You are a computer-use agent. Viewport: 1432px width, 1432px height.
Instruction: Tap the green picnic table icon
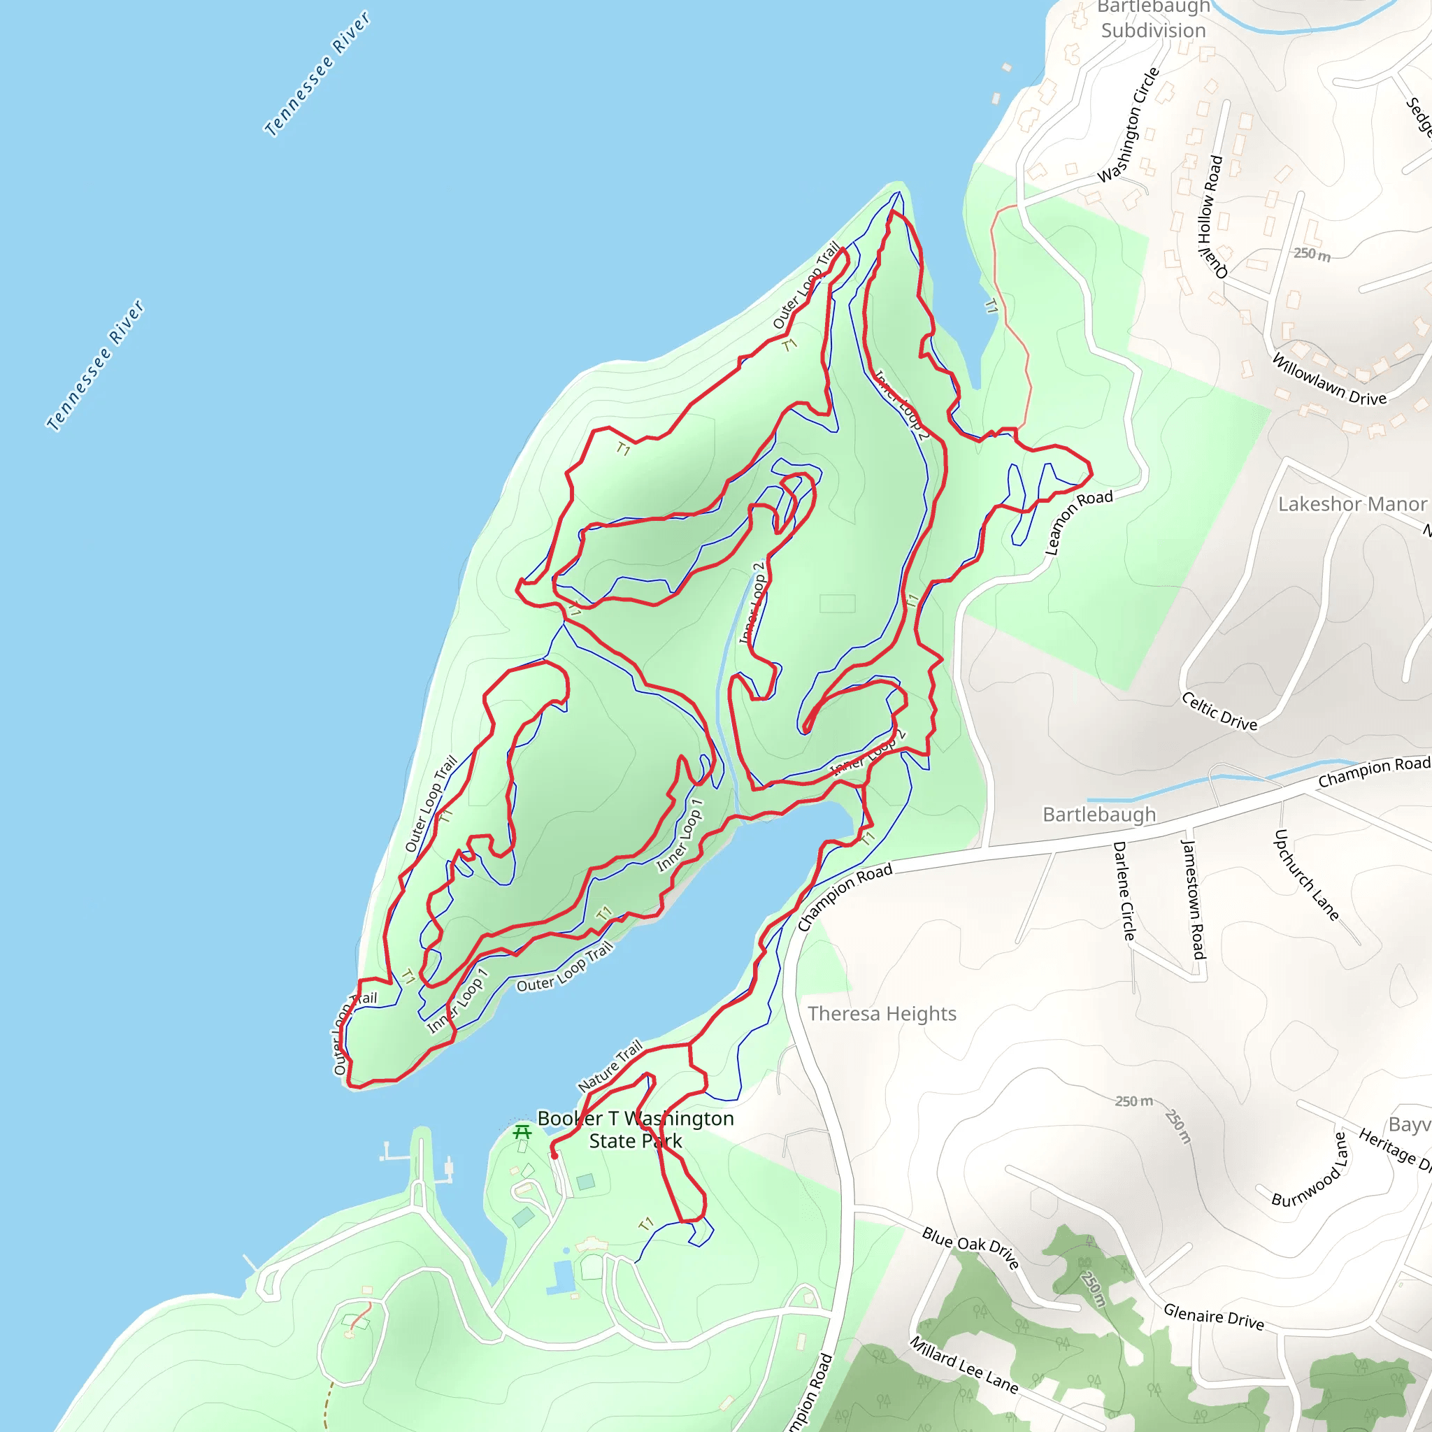click(522, 1132)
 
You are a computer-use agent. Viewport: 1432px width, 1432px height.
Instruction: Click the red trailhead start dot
click(554, 1156)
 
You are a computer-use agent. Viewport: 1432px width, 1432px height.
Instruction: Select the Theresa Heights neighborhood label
click(882, 1014)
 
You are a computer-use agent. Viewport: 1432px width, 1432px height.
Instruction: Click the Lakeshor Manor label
click(1352, 504)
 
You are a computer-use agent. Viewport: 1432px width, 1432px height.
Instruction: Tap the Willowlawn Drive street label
click(1329, 380)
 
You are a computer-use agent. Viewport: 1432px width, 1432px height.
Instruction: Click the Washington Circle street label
click(1128, 125)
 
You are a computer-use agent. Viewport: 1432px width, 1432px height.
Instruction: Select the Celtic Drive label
click(1219, 712)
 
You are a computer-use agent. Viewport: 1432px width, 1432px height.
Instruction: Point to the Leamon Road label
click(1077, 522)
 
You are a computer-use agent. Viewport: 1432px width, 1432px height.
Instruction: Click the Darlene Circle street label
click(1124, 892)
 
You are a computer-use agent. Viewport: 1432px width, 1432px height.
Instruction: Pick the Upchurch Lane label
click(1306, 875)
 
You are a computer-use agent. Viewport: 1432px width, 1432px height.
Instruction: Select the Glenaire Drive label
click(1213, 1317)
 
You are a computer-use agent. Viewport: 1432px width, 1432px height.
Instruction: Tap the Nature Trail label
click(610, 1066)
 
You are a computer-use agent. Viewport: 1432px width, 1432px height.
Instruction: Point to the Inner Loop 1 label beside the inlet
click(680, 835)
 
